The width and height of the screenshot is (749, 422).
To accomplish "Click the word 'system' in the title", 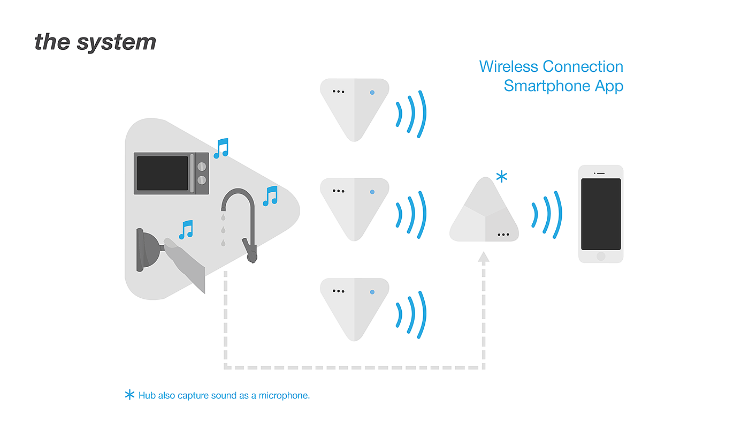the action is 117,43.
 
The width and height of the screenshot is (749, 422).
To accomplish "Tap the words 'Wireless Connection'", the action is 551,66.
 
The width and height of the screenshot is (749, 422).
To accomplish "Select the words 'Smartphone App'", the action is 563,86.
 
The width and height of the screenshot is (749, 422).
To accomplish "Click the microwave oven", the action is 171,174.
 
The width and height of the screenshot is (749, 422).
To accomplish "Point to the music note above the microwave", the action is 221,148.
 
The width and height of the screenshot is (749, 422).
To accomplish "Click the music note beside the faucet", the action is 270,196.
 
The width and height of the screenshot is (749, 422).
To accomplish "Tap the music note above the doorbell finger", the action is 186,230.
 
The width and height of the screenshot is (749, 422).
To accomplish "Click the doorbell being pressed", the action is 149,250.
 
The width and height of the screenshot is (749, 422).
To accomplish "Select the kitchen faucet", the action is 240,225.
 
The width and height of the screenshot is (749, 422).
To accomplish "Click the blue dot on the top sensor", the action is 372,92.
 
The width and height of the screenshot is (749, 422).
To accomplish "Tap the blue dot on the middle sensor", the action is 372,192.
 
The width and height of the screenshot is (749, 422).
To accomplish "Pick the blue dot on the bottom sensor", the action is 372,292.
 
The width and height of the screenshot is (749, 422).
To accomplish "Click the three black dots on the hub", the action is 503,235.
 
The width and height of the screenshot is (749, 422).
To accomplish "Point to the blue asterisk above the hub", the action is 502,176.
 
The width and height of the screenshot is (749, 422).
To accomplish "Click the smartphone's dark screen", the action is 601,214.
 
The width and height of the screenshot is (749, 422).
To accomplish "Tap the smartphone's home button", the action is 601,257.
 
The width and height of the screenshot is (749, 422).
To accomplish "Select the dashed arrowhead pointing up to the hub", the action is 484,257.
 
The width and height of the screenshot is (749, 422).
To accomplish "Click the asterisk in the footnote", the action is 129,395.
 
